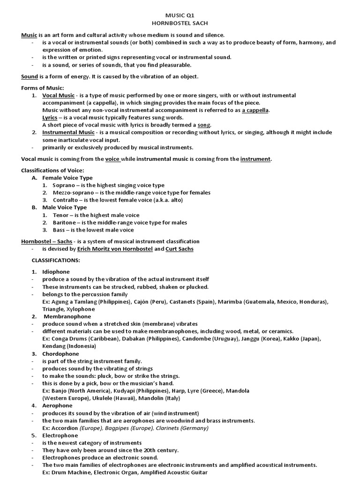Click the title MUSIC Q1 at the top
tap(180, 15)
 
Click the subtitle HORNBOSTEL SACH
tap(180, 22)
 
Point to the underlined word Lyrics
tap(50, 117)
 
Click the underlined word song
tap(204, 125)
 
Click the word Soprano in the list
tap(65, 185)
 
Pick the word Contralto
tap(66, 200)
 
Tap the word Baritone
tap(65, 222)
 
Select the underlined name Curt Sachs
tap(179, 249)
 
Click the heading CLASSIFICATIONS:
tap(56, 260)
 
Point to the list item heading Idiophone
tap(56, 272)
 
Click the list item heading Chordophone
tap(60, 353)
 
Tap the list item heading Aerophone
tap(57, 405)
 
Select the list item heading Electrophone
tap(60, 435)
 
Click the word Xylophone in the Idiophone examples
tap(82, 309)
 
